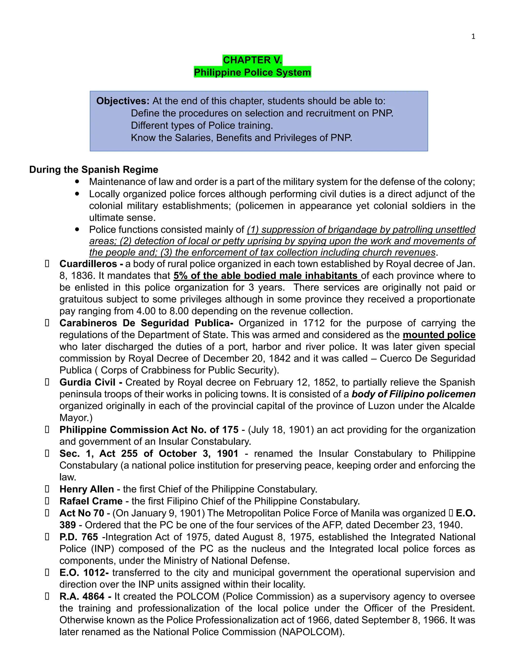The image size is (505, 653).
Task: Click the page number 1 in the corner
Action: [473, 36]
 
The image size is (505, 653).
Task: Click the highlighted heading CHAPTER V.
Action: [252, 60]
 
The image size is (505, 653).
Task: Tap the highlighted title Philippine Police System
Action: [252, 72]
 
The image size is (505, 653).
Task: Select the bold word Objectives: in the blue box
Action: [123, 101]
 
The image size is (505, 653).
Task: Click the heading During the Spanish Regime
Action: [94, 170]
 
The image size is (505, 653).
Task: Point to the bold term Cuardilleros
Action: [88, 264]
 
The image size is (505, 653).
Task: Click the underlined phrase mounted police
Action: [439, 335]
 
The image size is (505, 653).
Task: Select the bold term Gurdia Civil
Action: [87, 382]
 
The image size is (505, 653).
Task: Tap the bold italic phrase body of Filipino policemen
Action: [414, 394]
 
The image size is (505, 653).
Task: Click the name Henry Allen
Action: [87, 489]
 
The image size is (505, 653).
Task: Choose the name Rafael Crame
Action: [91, 501]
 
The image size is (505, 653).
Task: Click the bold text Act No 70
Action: [82, 513]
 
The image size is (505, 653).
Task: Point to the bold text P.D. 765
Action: [79, 537]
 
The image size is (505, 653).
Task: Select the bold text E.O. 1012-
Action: [84, 573]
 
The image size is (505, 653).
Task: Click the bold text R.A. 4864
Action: [82, 597]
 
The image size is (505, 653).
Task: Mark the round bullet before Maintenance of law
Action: [77, 182]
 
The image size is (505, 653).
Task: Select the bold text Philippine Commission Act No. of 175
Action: [149, 430]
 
